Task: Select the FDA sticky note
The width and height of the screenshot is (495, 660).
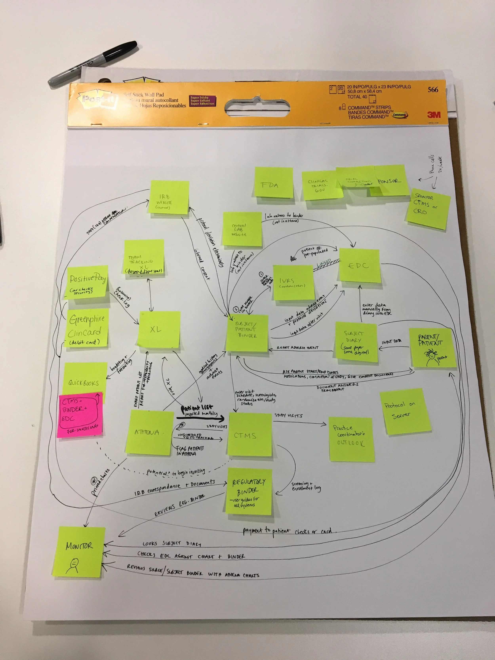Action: tap(273, 182)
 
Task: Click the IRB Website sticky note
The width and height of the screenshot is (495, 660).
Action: tap(169, 197)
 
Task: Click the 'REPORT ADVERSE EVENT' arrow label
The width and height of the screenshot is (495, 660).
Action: tap(297, 348)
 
